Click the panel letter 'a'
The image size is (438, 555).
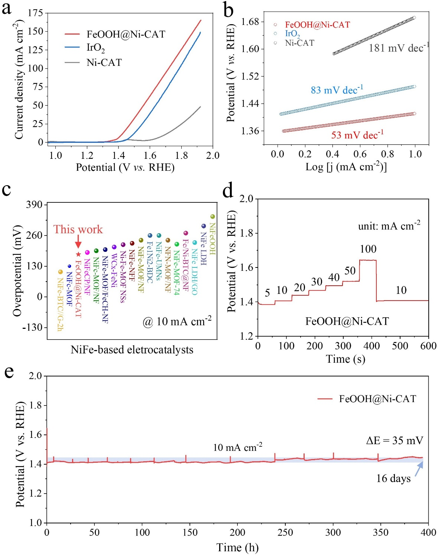point(7,8)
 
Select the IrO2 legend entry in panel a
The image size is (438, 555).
point(95,48)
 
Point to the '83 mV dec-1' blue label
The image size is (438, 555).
point(337,90)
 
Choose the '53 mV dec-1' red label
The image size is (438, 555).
point(357,135)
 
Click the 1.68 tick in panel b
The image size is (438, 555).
point(250,22)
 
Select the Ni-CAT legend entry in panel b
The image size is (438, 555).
point(299,43)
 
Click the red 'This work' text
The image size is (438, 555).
point(78,229)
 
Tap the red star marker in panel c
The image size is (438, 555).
point(78,254)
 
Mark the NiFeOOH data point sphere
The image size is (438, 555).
point(212,216)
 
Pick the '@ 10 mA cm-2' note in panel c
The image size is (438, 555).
point(177,321)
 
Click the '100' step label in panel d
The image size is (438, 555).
point(368,249)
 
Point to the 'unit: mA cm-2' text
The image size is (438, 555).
point(389,226)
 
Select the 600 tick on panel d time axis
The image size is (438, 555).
point(428,346)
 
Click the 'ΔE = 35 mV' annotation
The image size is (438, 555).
point(395,440)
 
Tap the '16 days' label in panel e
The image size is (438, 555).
point(393,478)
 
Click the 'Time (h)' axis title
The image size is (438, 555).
point(237,547)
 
